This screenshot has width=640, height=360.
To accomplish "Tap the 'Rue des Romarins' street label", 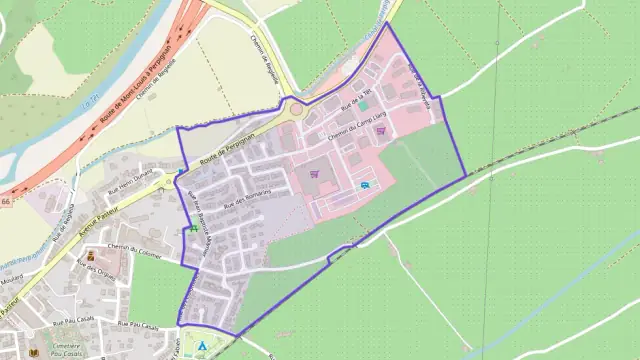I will pyautogui.click(x=241, y=198).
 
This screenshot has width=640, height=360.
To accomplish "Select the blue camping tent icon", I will pyautogui.click(x=202, y=346).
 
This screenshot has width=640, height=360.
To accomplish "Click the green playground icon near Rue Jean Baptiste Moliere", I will pyautogui.click(x=192, y=229).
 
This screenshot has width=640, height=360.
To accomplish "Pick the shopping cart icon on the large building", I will pyautogui.click(x=314, y=172).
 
